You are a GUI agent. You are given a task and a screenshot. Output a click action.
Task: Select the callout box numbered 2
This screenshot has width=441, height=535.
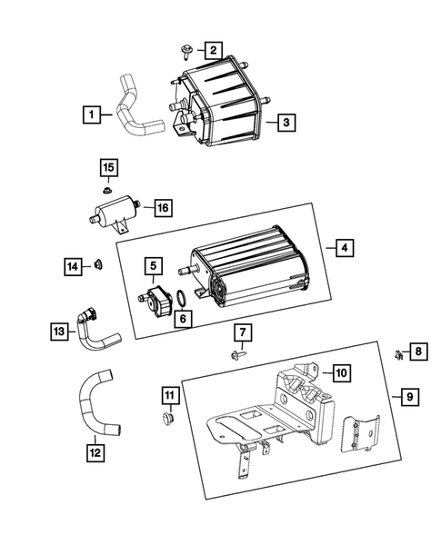pyautogui.click(x=212, y=50)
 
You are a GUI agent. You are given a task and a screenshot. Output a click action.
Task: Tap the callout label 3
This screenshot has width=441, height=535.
pyautogui.click(x=285, y=122)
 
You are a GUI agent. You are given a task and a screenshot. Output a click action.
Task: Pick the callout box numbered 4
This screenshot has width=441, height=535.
pyautogui.click(x=343, y=247)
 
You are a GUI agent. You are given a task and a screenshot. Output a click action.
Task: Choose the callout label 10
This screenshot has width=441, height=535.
pyautogui.click(x=340, y=372)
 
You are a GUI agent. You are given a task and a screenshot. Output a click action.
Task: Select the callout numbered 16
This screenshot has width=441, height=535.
pyautogui.click(x=162, y=208)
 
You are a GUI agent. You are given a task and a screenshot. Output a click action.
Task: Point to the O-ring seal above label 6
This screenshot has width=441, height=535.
pyautogui.click(x=182, y=298)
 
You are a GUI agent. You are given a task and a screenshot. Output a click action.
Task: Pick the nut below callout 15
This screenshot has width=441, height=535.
pyautogui.click(x=107, y=191)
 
